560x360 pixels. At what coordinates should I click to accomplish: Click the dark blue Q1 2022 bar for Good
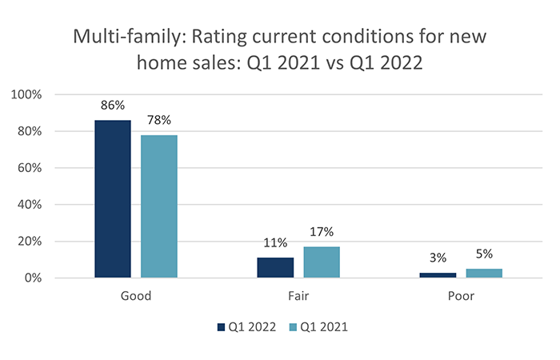click(x=113, y=199)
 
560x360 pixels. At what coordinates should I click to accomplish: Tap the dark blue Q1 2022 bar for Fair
click(x=275, y=268)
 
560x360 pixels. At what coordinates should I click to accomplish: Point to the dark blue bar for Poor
click(x=438, y=275)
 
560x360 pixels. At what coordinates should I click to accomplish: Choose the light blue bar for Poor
click(x=484, y=274)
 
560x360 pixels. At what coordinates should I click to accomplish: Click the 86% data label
click(x=113, y=104)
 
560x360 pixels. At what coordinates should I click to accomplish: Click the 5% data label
click(x=484, y=253)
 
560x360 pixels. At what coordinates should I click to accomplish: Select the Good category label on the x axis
click(x=136, y=296)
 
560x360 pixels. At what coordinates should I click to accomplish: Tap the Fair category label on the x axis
click(x=298, y=296)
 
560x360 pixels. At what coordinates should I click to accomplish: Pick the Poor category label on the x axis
click(x=461, y=296)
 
